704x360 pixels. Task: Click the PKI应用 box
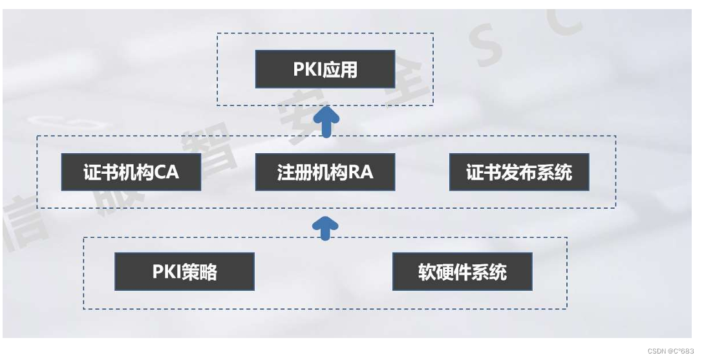click(325, 69)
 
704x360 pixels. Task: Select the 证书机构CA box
click(131, 172)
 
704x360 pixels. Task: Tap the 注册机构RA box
click(325, 172)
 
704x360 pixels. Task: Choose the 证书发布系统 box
click(519, 172)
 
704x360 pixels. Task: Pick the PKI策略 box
click(184, 271)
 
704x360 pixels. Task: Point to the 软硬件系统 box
click(462, 271)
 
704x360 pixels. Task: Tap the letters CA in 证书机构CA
click(166, 173)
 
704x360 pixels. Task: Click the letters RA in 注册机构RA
click(360, 173)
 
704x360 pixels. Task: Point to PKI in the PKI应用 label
click(308, 69)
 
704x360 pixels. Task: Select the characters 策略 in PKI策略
click(203, 271)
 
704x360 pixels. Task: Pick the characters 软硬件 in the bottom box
click(446, 272)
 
